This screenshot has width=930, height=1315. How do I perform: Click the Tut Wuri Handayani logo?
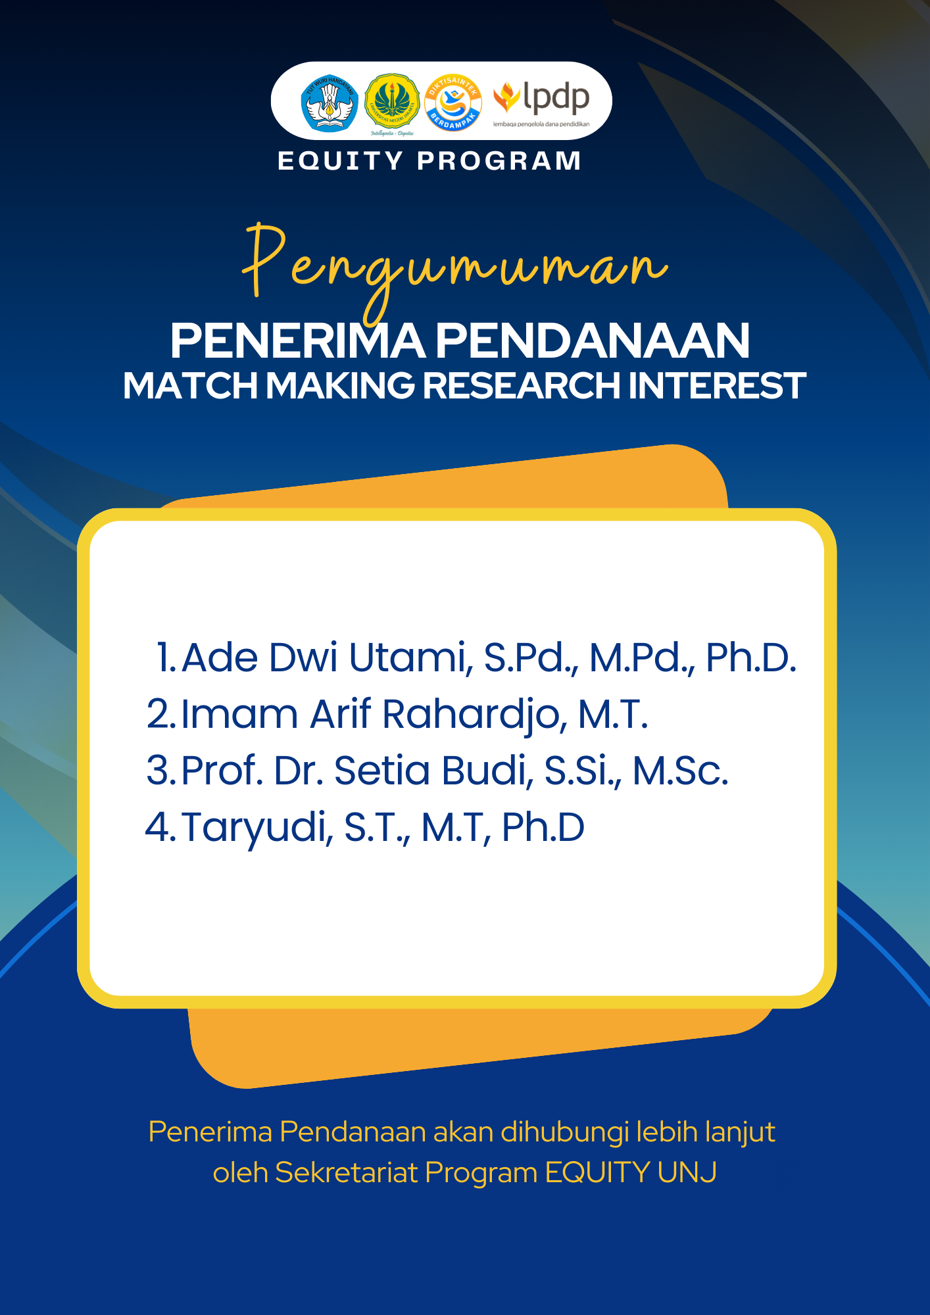330,103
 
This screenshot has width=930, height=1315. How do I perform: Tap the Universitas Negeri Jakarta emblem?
392,102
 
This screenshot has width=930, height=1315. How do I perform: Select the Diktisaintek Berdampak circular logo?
453,102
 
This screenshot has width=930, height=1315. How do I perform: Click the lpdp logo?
542,102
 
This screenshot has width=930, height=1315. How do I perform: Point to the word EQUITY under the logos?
340,161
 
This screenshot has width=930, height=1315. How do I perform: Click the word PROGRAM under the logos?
499,161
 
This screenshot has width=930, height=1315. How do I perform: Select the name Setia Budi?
433,771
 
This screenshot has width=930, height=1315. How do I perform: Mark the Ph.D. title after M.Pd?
750,657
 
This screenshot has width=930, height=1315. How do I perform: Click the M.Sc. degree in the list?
680,771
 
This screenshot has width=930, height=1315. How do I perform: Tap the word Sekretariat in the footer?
346,1172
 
